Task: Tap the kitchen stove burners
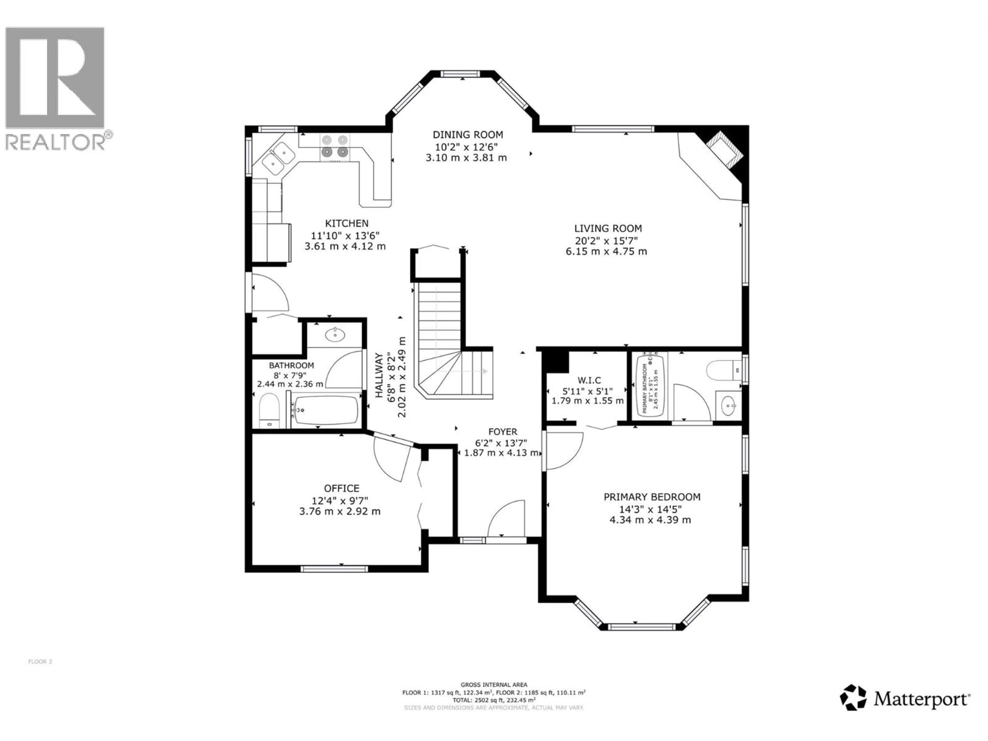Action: (334, 146)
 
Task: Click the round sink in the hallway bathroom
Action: (334, 334)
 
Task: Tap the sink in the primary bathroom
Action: (728, 405)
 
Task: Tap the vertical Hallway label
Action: (379, 375)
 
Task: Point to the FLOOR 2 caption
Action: (40, 661)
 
